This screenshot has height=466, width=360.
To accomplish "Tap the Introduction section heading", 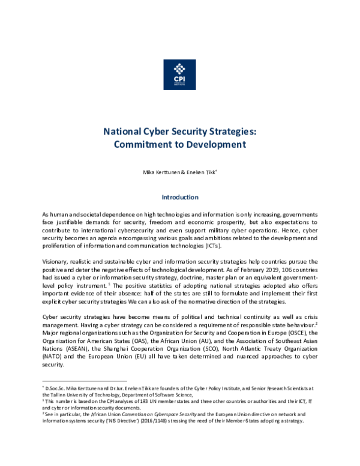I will click(x=180, y=196).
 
